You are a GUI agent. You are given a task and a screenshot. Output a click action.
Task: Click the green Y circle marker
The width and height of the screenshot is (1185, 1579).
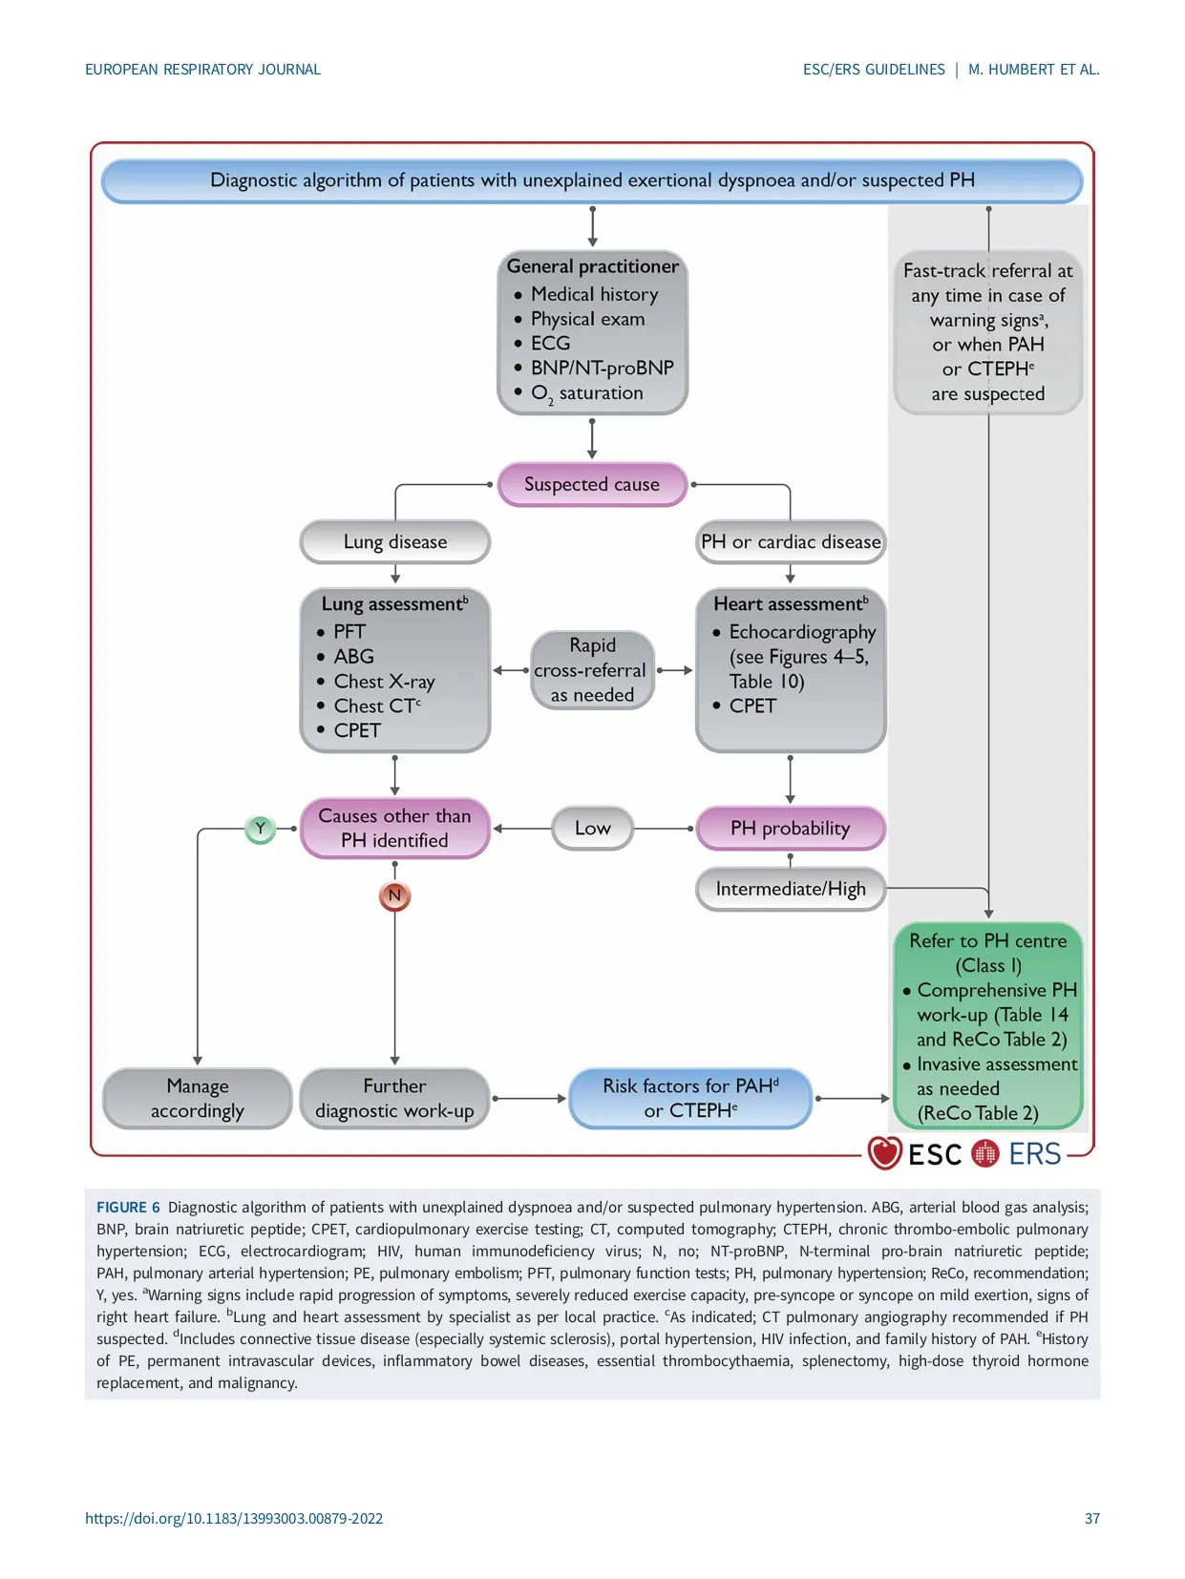(x=260, y=829)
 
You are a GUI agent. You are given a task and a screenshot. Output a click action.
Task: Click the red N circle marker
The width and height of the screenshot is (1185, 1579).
(x=394, y=895)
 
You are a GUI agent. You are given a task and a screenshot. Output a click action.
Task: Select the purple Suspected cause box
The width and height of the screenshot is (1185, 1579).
(x=592, y=484)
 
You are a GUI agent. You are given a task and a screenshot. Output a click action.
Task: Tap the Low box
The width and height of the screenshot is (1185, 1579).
(x=592, y=829)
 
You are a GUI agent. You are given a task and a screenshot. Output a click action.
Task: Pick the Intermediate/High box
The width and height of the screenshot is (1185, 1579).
(x=791, y=889)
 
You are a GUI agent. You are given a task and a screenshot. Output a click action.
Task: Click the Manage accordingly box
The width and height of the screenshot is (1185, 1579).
(x=198, y=1098)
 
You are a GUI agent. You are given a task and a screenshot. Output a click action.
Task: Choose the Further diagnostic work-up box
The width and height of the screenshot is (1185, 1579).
(x=394, y=1098)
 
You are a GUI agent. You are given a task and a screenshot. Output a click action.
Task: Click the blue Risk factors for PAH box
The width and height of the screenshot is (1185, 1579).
(x=690, y=1098)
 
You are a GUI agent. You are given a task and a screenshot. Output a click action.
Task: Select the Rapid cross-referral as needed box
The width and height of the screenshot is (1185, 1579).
(x=592, y=670)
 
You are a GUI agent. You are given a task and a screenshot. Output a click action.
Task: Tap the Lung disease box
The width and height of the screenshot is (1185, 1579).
(x=395, y=542)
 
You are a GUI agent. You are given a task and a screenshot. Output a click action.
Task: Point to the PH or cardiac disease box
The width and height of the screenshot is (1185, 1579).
(x=791, y=542)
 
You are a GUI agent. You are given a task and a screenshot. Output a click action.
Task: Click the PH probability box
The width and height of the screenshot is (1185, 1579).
(x=791, y=829)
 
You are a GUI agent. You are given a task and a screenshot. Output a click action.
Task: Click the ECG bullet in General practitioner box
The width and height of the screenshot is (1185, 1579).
(x=550, y=344)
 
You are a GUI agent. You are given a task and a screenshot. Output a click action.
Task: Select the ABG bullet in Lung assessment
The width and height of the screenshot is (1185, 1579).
(x=353, y=657)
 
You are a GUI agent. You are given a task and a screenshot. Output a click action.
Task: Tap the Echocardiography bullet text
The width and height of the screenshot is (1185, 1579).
(x=802, y=632)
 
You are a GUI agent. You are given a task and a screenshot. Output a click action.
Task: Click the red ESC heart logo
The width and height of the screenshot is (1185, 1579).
(x=884, y=1153)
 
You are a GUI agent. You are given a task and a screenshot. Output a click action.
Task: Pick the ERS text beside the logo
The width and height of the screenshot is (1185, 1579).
(x=1035, y=1154)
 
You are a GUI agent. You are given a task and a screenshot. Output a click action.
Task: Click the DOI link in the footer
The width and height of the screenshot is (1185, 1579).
(x=234, y=1518)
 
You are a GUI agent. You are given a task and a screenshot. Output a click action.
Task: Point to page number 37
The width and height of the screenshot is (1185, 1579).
(x=1092, y=1518)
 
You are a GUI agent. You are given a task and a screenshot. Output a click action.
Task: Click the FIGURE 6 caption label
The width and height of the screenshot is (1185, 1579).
(x=128, y=1208)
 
